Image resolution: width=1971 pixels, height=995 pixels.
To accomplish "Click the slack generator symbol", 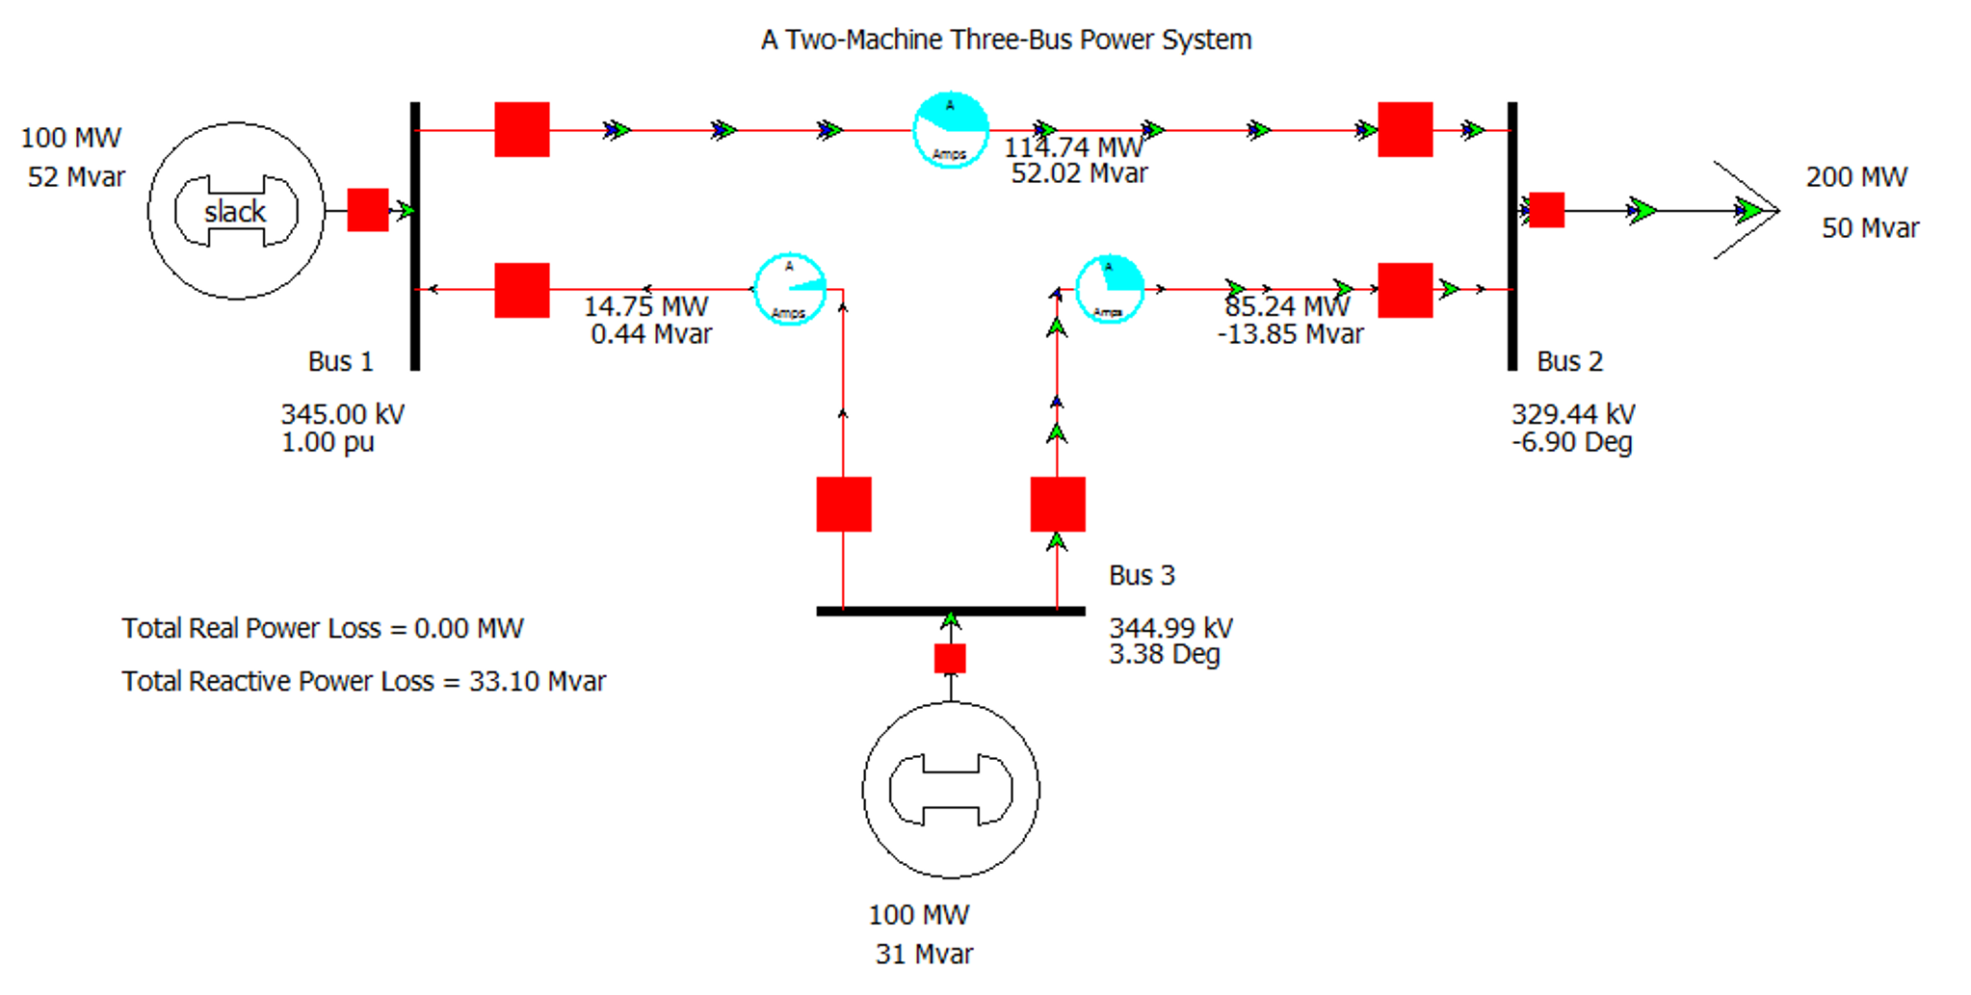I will (x=236, y=211).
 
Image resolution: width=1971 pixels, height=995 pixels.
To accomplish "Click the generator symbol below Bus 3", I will (x=951, y=790).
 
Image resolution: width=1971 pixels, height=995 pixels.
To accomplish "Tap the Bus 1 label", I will (x=340, y=361).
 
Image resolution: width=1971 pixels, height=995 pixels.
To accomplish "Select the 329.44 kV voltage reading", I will (x=1572, y=414).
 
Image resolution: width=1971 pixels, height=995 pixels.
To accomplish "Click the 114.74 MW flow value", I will (x=1073, y=147).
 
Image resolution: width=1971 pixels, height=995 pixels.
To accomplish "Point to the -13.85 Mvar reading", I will (x=1290, y=334).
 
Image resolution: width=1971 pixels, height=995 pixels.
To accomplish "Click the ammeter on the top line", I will (x=951, y=130).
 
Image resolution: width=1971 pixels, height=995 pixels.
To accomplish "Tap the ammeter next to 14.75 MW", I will (x=790, y=289).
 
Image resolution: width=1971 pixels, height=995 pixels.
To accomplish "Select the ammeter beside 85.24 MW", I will (x=1109, y=288).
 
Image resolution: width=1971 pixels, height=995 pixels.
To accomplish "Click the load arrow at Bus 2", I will (x=1746, y=210).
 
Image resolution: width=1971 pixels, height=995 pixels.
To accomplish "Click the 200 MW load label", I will (x=1855, y=177).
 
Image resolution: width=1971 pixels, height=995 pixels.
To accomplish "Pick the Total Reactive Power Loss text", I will (x=363, y=681).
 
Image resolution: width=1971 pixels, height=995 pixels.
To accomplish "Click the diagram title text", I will (x=1006, y=39).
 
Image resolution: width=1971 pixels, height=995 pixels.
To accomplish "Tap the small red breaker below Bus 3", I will (x=950, y=659).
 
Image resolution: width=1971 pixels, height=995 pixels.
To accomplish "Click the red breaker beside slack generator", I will (x=367, y=210).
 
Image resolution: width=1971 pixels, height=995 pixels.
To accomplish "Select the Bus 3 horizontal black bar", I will (x=950, y=611).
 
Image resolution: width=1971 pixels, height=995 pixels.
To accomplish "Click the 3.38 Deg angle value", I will (x=1164, y=655).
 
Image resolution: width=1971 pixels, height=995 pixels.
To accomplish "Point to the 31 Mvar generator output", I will (x=923, y=954).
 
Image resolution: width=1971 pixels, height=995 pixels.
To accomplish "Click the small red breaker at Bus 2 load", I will (x=1546, y=210).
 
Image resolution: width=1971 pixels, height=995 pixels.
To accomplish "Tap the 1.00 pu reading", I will (x=328, y=442).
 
